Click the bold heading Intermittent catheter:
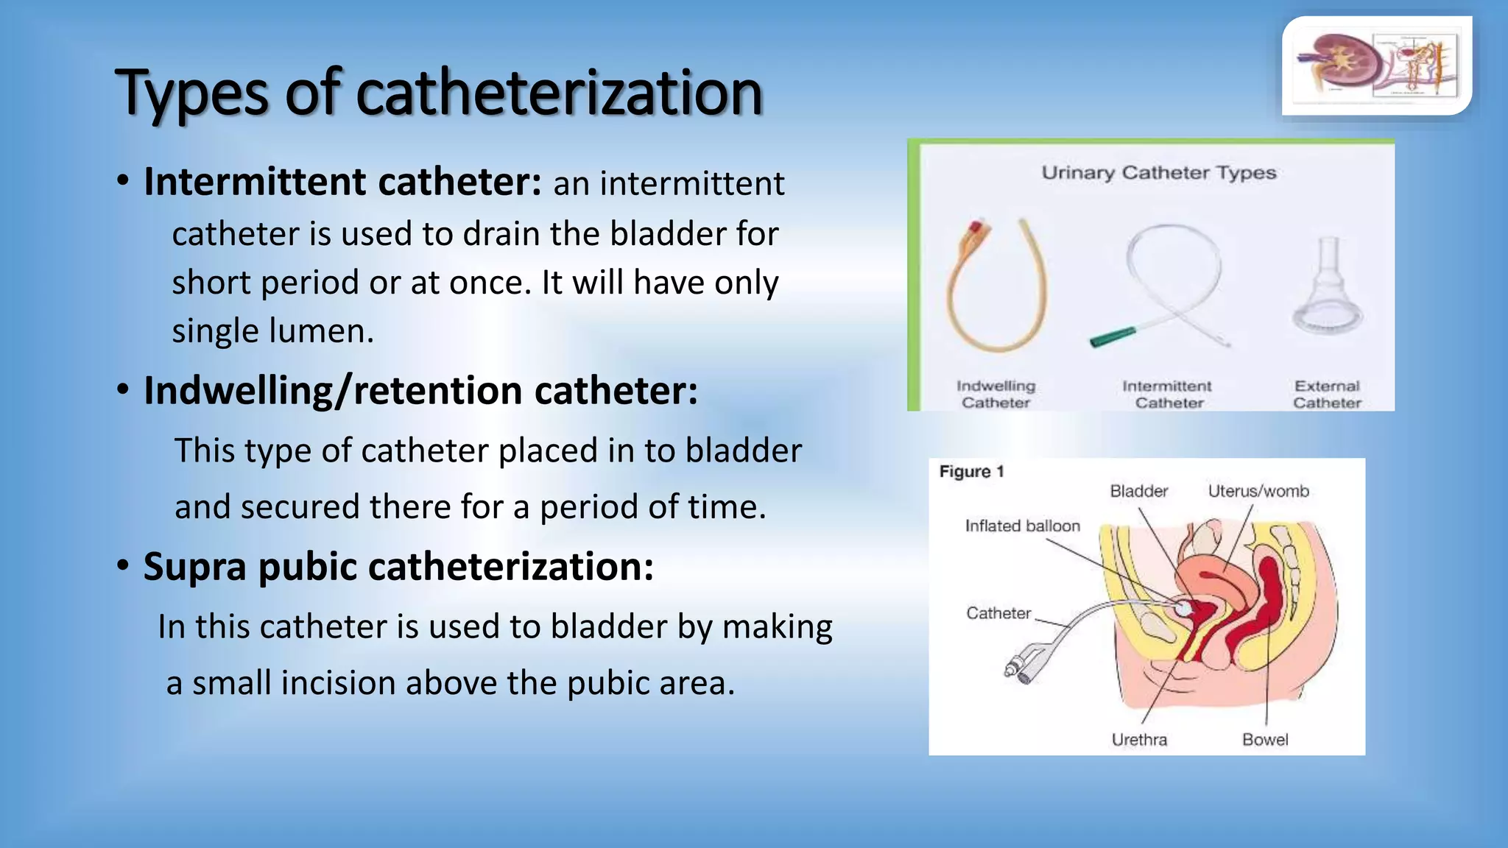click(342, 182)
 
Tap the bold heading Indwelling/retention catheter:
click(420, 390)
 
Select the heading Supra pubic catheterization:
click(398, 567)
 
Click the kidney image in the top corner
click(1375, 66)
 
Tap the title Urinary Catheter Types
click(1158, 173)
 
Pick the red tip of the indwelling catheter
click(976, 227)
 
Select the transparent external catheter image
click(1328, 287)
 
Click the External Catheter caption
click(1327, 395)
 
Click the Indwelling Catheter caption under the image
click(996, 395)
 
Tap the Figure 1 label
click(971, 472)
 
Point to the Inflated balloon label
click(1022, 526)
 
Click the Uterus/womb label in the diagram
click(1258, 491)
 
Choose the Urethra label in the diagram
click(1139, 739)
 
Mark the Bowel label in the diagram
click(1265, 739)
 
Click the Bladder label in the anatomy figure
click(1138, 491)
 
